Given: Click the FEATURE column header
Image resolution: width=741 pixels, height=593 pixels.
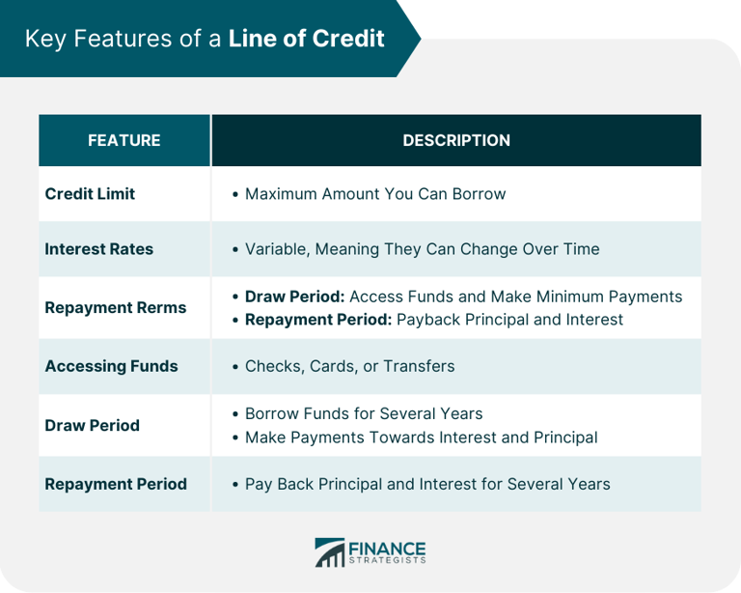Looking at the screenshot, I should point(123,140).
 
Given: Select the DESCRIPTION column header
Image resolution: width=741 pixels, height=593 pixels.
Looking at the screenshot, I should point(456,140).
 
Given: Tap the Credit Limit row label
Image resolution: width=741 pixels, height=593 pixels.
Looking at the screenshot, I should point(90,193).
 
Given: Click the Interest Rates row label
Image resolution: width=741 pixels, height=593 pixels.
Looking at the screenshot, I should point(98,248).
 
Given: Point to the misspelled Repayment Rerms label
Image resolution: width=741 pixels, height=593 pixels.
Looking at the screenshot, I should point(116,307).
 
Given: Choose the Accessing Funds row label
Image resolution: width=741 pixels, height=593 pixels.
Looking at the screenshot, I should point(111,366).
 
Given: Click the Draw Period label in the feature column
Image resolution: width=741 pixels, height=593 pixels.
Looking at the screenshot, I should point(92,425).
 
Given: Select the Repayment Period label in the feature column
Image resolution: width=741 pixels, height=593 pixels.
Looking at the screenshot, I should point(116,484).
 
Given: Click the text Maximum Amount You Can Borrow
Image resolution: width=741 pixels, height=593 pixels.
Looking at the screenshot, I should point(375,193).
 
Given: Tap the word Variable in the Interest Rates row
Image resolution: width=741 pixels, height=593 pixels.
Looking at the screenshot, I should point(274,248).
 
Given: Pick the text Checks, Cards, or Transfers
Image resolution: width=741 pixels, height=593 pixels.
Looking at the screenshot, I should point(349,366).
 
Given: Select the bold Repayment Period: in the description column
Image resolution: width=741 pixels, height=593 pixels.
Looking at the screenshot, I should point(318,319).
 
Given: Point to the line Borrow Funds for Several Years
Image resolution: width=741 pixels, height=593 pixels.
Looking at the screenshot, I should point(364,413).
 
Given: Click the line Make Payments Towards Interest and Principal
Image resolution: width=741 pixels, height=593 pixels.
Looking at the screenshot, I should point(421,438).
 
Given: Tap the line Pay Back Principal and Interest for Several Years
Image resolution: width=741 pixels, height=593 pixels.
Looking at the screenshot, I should point(427,484).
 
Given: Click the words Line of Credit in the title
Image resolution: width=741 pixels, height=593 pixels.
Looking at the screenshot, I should point(307,39).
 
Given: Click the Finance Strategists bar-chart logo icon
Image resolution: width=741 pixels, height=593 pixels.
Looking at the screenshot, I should point(330,552).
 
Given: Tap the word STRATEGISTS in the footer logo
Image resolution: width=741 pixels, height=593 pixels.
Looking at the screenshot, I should point(388,559).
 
